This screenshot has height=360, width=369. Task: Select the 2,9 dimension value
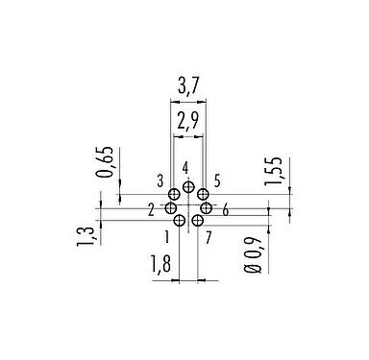tap(188, 122)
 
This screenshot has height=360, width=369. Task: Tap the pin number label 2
tap(152, 208)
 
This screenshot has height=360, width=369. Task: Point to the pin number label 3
tap(160, 180)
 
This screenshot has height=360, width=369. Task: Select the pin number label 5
tap(218, 180)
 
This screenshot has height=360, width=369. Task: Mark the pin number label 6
tap(224, 210)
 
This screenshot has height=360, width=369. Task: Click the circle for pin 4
tap(188, 187)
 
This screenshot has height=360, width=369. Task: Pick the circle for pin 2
tap(170, 208)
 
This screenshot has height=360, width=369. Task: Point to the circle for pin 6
tap(206, 208)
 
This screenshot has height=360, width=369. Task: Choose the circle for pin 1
tap(179, 221)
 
